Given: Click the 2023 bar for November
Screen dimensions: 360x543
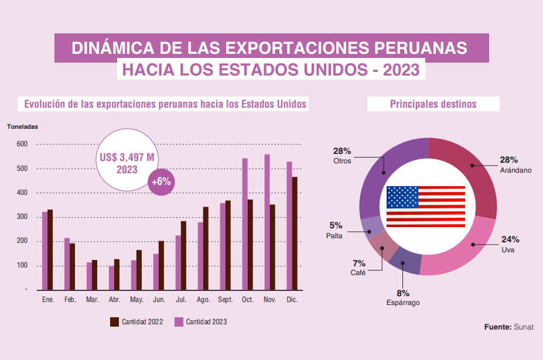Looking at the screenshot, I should (267, 222).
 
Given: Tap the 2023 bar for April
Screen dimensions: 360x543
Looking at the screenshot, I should (111, 277).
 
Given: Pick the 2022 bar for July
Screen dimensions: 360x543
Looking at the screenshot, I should (183, 255).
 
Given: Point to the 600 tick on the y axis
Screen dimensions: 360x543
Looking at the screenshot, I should (22, 144).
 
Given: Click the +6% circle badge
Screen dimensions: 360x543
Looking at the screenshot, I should (161, 181).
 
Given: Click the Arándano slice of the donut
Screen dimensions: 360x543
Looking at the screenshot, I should (469, 176).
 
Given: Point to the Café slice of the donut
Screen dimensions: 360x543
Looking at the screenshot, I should (383, 246).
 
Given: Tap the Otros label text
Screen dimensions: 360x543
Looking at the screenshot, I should (342, 160).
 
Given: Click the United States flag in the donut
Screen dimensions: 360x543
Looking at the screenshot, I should (426, 207).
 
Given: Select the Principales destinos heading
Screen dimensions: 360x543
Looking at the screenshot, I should (433, 104).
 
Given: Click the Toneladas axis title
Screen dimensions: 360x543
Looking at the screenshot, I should (22, 126).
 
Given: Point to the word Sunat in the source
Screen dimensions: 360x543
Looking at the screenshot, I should (524, 327).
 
